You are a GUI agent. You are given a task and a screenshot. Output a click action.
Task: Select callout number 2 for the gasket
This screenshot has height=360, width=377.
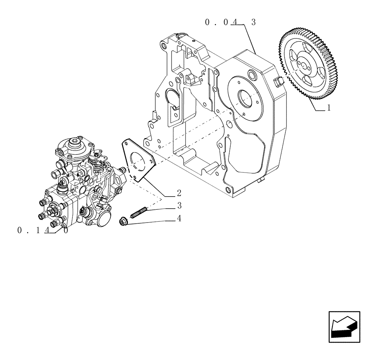179,193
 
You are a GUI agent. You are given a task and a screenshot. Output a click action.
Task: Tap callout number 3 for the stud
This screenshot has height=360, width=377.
179,206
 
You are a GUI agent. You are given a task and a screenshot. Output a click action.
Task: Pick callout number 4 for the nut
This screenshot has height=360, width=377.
179,218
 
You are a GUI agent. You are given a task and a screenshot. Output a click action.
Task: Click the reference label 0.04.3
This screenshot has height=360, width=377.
230,23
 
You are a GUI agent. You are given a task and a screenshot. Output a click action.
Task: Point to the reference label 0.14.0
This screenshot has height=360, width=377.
43,230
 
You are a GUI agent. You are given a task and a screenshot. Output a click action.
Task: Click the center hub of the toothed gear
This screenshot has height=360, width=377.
303,64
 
